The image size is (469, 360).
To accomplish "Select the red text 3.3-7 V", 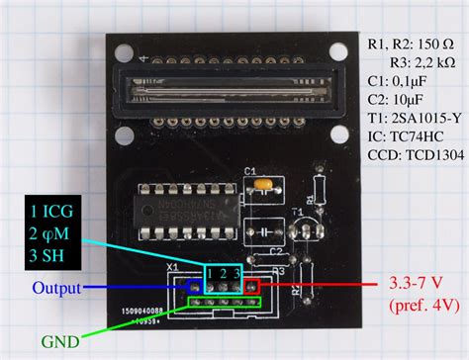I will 409,283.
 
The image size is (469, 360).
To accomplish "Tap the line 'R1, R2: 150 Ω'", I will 411,44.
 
